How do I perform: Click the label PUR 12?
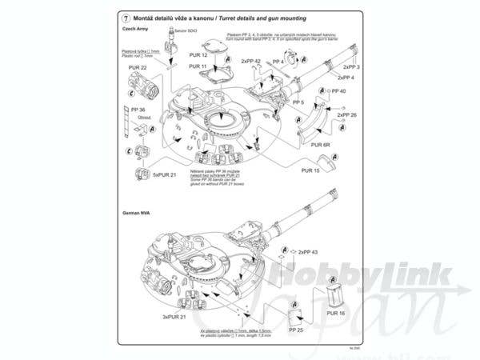coord(199,55)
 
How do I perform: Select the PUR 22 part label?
coord(138,68)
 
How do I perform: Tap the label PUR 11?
coord(199,66)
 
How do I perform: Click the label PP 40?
coord(338,90)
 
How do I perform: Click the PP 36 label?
coord(137,109)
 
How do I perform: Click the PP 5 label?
coord(298,103)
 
